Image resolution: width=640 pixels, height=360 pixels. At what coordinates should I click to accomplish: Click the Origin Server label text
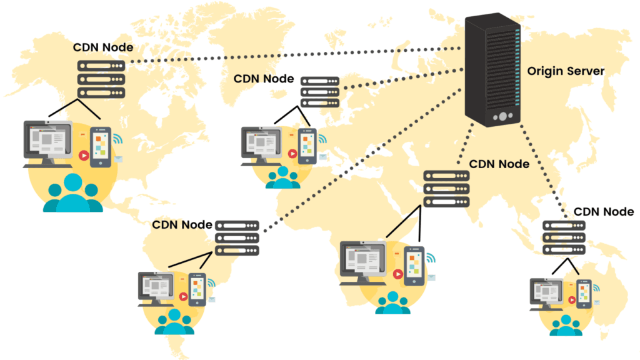tap(566, 71)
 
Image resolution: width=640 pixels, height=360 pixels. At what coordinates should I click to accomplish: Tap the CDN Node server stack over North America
tap(101, 79)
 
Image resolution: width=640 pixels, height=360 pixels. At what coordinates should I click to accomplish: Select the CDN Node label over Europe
tap(263, 79)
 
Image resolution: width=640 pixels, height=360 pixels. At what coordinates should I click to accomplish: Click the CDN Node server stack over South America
tap(237, 237)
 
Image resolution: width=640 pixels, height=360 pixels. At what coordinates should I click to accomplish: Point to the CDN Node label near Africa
tap(499, 164)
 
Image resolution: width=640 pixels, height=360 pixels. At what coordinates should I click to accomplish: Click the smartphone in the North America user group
tap(100, 147)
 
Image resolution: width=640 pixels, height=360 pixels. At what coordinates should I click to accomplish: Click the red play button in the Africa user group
tap(397, 273)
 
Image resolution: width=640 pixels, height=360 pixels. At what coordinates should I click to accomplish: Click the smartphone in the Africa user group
tap(414, 266)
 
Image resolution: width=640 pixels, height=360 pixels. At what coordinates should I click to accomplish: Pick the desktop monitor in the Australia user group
tap(547, 292)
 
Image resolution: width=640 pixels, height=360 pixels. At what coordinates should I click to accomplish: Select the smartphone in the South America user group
tap(197, 289)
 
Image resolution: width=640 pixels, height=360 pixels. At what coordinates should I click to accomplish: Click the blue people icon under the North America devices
tap(72, 194)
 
